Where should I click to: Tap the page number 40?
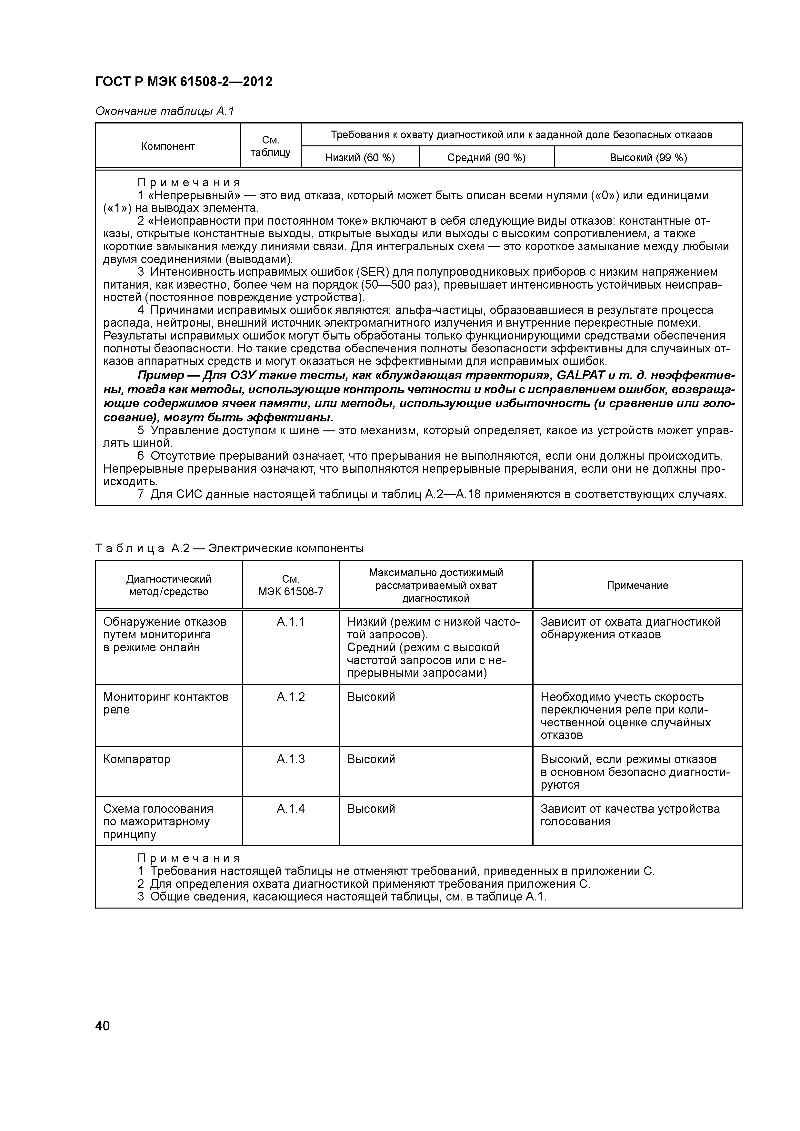(103, 1026)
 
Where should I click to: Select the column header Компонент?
(168, 146)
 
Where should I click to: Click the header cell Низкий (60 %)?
(360, 158)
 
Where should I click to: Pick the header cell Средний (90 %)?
(486, 158)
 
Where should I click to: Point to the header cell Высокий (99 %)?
(648, 158)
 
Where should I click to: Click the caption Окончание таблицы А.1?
(165, 111)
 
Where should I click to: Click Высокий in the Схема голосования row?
(371, 809)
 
